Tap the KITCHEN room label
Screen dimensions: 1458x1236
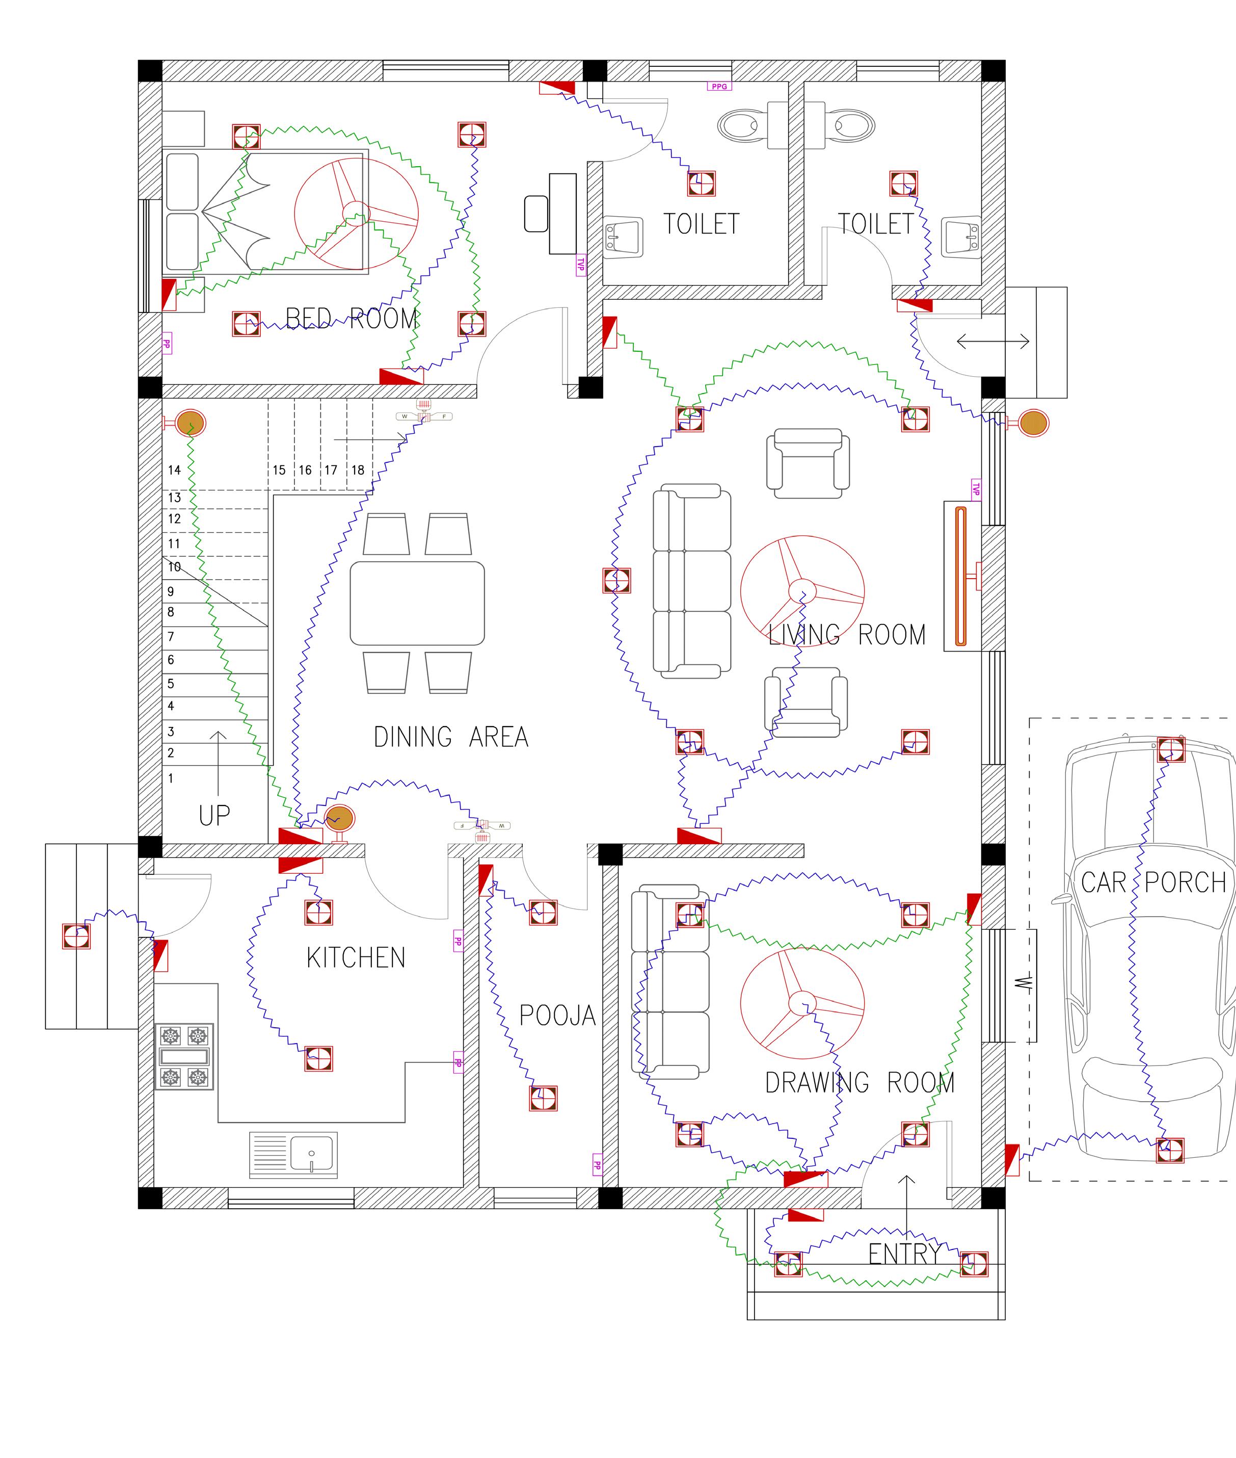point(356,957)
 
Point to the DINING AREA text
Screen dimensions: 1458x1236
point(450,737)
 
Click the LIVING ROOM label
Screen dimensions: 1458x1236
point(847,635)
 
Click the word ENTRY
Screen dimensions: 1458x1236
point(904,1254)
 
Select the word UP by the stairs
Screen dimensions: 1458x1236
point(214,816)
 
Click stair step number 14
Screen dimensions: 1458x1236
point(174,471)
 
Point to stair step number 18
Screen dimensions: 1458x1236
point(358,471)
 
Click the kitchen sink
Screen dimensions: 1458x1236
point(293,1155)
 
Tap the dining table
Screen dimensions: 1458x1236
point(417,603)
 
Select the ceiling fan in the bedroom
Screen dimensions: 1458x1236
point(356,213)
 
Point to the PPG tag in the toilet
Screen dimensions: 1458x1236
point(719,86)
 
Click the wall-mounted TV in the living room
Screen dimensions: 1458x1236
point(961,576)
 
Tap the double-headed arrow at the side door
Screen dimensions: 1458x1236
point(993,342)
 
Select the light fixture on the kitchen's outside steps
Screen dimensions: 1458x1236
point(76,936)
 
